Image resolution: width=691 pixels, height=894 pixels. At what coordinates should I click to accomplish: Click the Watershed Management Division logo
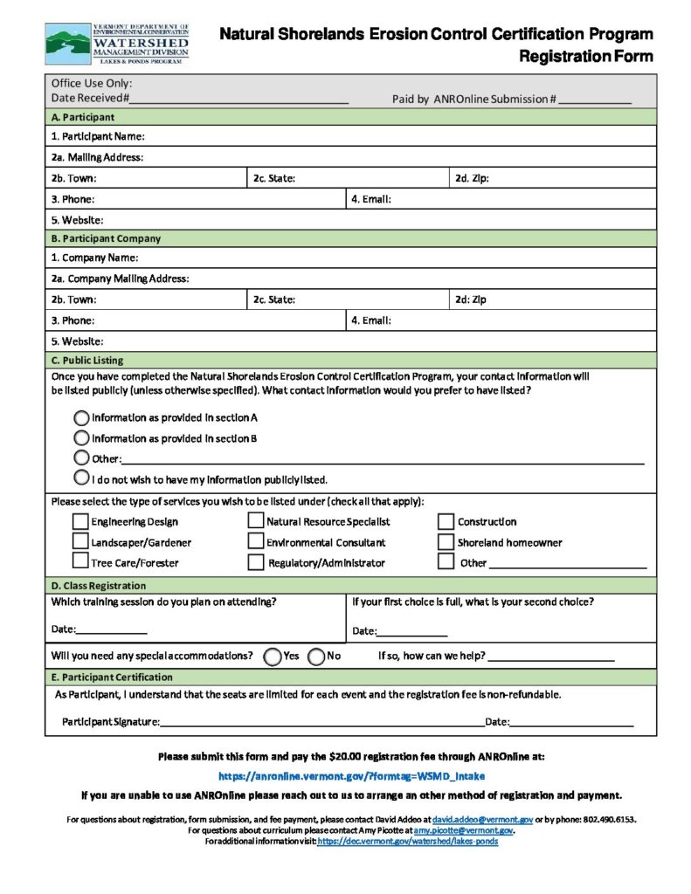(x=117, y=45)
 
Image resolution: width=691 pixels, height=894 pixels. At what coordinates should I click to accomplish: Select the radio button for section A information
(x=81, y=417)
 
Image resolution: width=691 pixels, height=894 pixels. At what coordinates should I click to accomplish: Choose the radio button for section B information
(x=81, y=438)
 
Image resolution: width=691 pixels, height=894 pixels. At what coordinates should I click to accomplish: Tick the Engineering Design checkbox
(x=79, y=521)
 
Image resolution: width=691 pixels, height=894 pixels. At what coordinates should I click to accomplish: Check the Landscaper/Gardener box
(x=79, y=541)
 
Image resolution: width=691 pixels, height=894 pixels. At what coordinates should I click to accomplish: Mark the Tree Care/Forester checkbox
(x=79, y=562)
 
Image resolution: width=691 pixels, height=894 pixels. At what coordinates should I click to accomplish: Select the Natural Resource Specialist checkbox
(x=255, y=521)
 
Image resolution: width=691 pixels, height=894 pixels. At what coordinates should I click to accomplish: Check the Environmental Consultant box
(x=255, y=541)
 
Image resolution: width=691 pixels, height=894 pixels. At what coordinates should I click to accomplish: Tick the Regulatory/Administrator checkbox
(x=255, y=562)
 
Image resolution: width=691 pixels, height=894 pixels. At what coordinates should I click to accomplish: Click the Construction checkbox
(x=446, y=521)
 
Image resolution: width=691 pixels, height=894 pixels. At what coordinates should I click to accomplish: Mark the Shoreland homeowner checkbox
(x=446, y=541)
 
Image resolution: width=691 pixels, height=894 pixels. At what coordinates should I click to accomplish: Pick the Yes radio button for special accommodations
(x=272, y=656)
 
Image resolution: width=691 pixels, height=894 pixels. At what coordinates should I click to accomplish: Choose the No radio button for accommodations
(x=316, y=656)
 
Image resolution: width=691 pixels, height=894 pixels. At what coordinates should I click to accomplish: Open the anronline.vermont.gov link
(x=351, y=775)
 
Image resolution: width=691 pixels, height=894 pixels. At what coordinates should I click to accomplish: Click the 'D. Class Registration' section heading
(x=99, y=586)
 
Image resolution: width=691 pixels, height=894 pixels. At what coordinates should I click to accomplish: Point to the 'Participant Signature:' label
(x=110, y=722)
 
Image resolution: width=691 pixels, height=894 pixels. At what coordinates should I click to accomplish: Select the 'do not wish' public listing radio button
(x=81, y=478)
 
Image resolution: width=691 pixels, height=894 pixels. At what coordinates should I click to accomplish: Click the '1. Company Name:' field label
(x=94, y=258)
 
